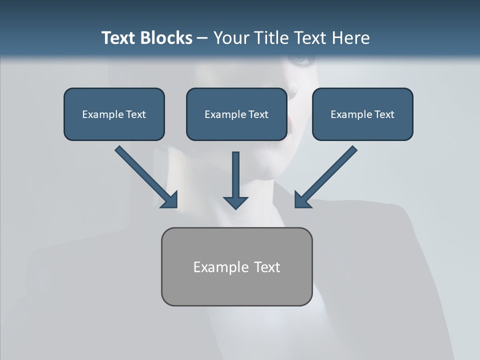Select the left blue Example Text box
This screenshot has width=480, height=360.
[x=114, y=114]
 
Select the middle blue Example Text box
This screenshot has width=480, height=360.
[x=236, y=114]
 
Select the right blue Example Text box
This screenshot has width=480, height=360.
[x=362, y=114]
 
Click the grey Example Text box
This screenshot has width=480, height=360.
[x=236, y=267]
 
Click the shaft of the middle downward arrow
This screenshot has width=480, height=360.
[x=235, y=172]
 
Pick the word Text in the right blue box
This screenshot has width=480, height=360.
[x=384, y=114]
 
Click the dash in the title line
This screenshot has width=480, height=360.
[x=202, y=38]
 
